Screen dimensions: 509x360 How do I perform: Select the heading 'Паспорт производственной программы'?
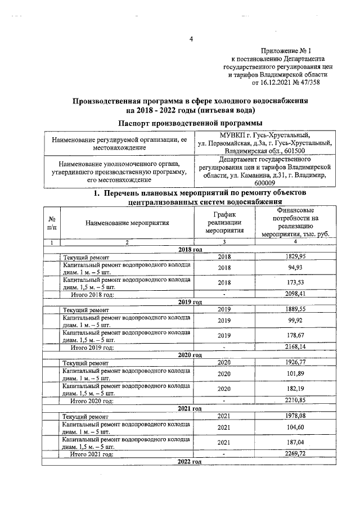(190, 123)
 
